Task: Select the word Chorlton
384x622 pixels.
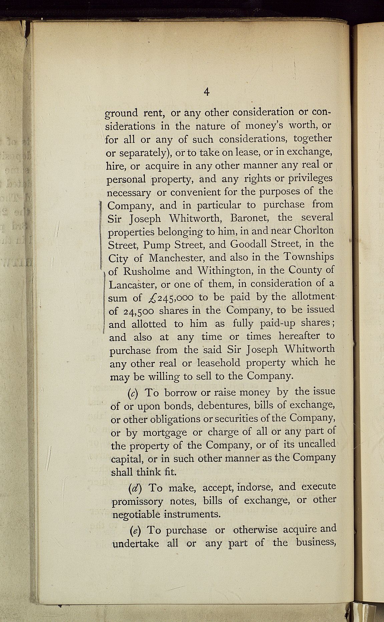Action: click(x=313, y=231)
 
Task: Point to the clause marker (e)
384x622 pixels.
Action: click(x=134, y=530)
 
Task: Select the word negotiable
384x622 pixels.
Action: click(x=136, y=515)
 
